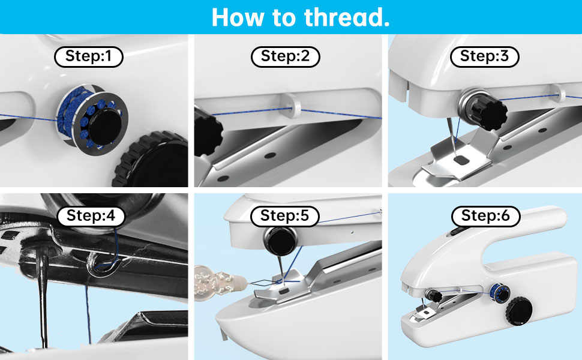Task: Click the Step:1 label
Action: point(89,57)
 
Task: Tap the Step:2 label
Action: point(286,57)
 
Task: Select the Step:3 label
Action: point(484,57)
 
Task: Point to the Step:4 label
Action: point(91,216)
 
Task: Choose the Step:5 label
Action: point(284,216)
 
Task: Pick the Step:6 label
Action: point(485,216)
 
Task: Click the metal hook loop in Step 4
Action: point(103,265)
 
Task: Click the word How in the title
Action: point(238,17)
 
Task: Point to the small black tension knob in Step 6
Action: point(434,295)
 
